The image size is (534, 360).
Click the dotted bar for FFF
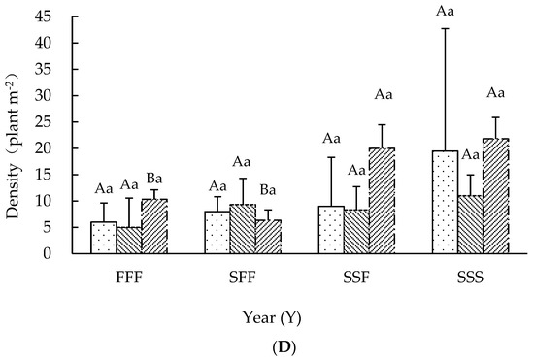pos(103,238)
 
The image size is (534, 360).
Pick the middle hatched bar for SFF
pos(243,229)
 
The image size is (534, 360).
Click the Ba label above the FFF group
pos(155,178)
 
